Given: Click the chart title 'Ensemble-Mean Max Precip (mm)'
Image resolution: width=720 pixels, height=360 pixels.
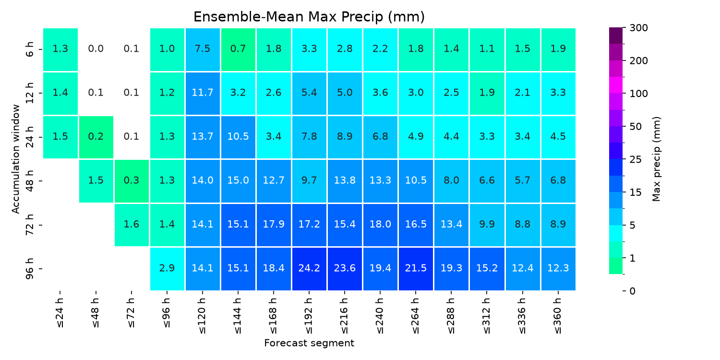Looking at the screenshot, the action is (x=309, y=17).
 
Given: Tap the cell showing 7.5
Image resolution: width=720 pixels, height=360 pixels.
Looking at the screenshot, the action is (x=203, y=49).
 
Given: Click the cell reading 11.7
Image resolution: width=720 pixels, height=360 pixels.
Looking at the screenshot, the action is (x=203, y=93).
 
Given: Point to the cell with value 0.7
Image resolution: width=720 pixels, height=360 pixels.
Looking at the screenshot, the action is (x=238, y=49).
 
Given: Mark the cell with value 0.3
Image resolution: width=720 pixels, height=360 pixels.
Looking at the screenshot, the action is (x=132, y=181).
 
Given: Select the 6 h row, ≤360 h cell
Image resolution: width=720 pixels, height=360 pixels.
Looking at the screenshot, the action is (x=558, y=49).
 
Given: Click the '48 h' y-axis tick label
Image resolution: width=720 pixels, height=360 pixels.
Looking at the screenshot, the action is (x=29, y=181).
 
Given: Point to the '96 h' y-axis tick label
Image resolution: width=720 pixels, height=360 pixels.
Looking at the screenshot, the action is (x=29, y=269).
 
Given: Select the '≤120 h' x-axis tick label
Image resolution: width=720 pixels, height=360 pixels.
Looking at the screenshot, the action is (x=202, y=316).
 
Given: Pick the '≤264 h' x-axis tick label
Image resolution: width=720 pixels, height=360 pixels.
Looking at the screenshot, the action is (x=416, y=316).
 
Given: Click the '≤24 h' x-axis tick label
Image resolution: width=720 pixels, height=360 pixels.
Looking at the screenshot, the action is (x=60, y=313).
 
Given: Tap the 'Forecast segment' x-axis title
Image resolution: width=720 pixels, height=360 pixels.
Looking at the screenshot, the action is (x=309, y=343).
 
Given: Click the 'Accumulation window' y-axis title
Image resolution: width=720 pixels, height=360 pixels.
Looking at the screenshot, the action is (x=15, y=159).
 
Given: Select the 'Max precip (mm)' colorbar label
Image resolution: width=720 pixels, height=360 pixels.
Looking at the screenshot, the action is (x=656, y=159).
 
